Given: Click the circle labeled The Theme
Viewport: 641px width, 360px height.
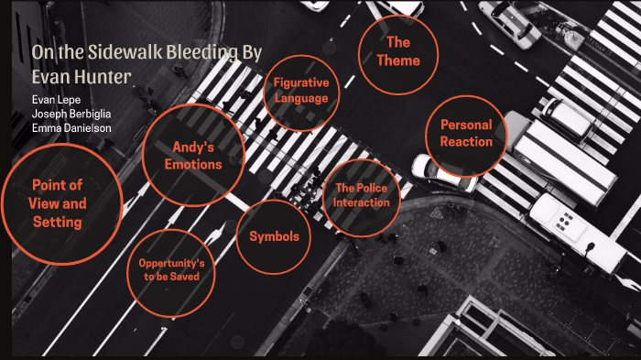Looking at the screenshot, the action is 397,51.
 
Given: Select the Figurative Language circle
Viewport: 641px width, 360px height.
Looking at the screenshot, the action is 300,91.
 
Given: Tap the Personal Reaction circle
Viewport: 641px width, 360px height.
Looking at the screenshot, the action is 466,134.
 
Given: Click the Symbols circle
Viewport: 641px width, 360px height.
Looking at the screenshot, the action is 274,236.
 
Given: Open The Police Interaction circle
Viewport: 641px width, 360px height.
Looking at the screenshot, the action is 362,195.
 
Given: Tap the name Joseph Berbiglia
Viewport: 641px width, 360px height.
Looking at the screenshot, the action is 71,114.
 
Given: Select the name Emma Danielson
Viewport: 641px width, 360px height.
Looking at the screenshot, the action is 71,128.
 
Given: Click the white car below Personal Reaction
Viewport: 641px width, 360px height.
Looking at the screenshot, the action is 442,172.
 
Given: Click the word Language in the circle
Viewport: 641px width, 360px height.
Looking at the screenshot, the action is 300,98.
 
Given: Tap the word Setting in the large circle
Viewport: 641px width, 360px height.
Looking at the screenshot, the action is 58,222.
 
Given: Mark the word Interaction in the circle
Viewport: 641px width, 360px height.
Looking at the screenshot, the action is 362,202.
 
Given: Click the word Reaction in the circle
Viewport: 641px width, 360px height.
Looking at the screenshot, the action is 466,142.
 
